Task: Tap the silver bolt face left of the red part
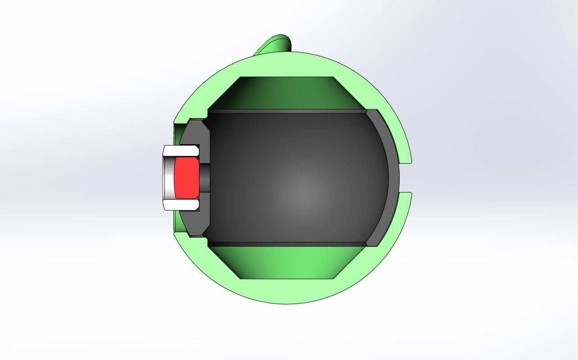point(169,178)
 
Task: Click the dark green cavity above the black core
point(288,92)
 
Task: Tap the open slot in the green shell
point(405,178)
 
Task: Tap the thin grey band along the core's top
point(288,111)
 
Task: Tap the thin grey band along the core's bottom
point(288,244)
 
